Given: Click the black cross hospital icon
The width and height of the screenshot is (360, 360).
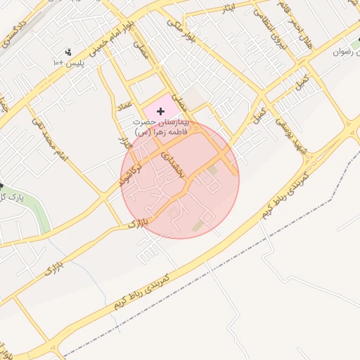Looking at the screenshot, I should pyautogui.click(x=161, y=111).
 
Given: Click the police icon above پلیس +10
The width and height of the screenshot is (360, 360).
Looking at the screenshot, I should pyautogui.click(x=68, y=51).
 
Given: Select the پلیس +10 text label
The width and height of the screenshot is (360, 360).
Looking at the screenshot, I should pyautogui.click(x=69, y=63).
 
